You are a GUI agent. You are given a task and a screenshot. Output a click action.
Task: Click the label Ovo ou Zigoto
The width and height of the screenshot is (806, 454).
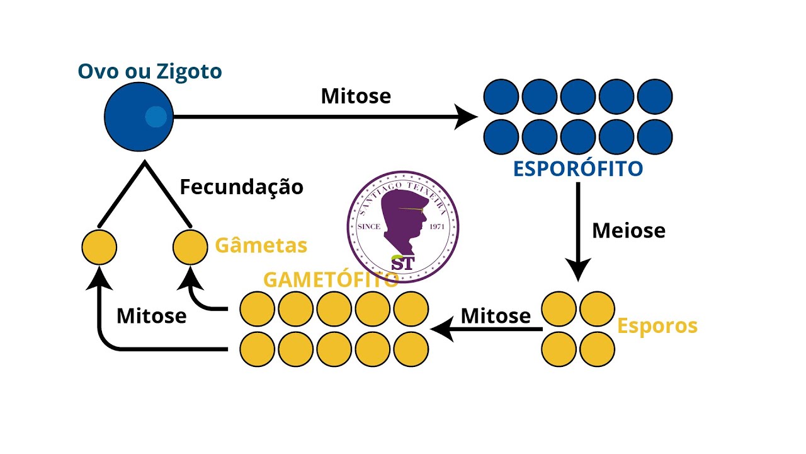click(150, 71)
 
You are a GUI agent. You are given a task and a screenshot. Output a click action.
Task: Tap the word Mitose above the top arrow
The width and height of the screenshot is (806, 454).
click(356, 96)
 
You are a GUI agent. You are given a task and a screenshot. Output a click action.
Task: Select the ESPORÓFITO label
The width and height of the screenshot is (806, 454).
click(578, 169)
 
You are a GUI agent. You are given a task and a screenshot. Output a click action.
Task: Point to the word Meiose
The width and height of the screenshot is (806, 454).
click(628, 230)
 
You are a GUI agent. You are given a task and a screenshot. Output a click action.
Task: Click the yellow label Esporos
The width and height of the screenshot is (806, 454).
click(657, 326)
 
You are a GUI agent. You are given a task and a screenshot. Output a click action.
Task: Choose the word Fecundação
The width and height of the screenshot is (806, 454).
click(242, 187)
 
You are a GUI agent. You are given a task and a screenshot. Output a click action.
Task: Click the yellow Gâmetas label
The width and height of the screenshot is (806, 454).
click(261, 245)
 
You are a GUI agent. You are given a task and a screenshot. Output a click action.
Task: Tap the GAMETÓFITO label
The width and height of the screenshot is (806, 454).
click(331, 279)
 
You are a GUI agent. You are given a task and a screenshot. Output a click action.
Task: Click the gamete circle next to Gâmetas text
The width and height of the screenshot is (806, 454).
click(190, 247)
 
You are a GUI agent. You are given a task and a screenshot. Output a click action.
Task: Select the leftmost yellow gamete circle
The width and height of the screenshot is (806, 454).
click(99, 247)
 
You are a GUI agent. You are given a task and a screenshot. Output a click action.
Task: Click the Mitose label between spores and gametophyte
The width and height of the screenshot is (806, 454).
click(496, 315)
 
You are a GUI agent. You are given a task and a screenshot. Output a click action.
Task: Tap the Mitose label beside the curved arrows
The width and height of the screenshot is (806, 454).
click(152, 315)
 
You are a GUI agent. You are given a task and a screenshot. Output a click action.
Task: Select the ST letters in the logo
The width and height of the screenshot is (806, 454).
click(402, 263)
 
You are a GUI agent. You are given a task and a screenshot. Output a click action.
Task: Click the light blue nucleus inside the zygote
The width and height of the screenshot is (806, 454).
click(156, 117)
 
